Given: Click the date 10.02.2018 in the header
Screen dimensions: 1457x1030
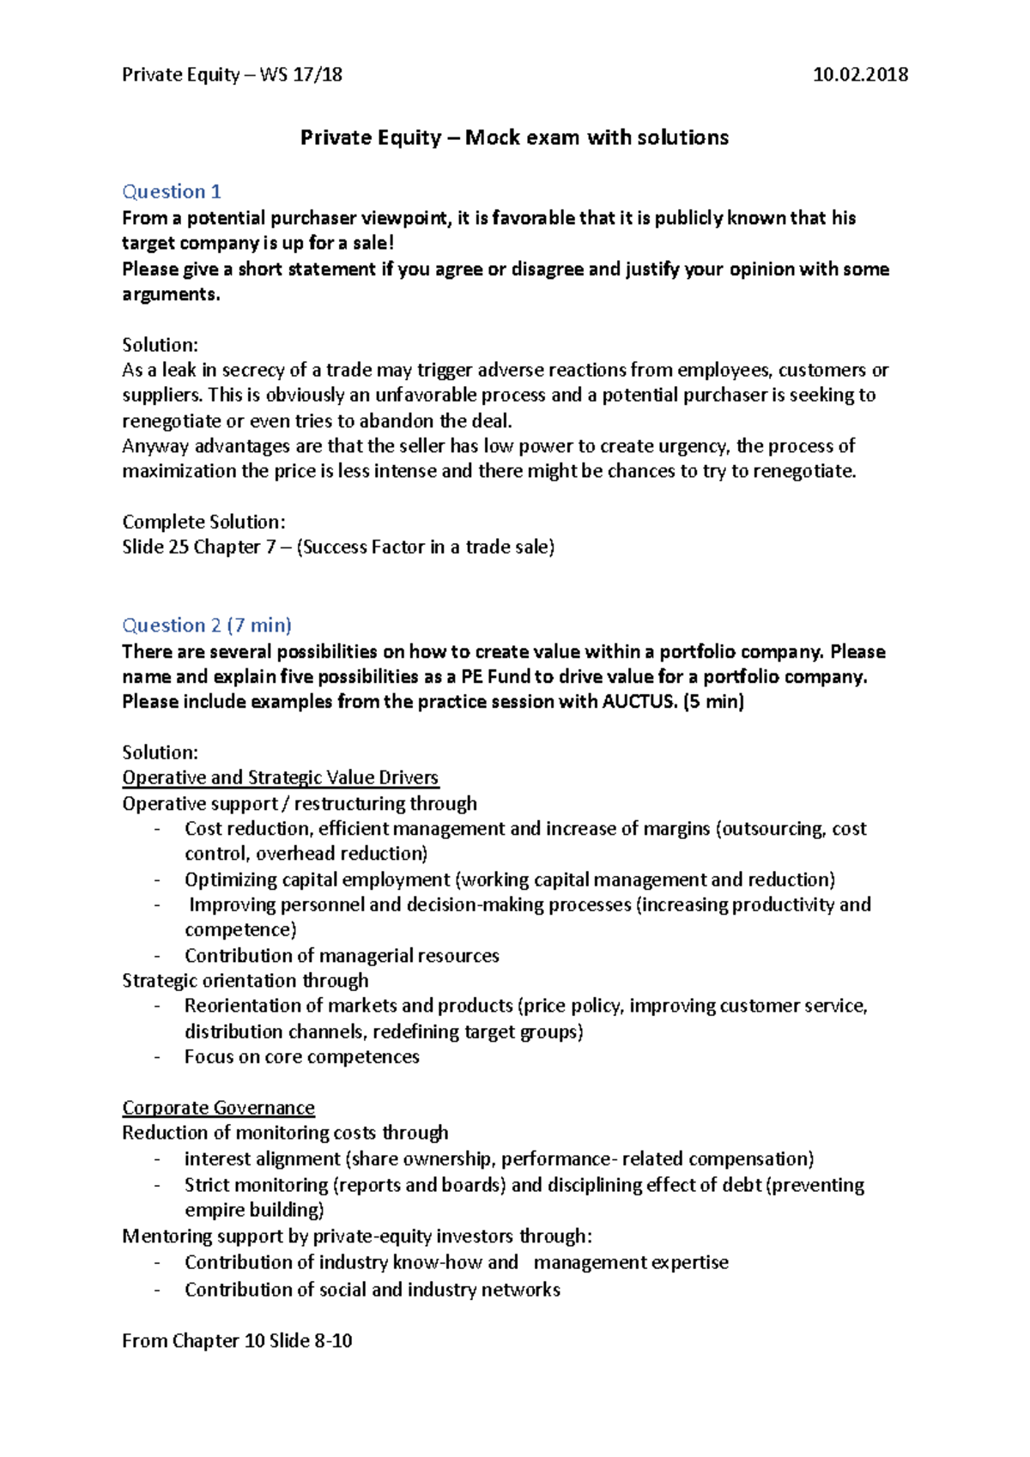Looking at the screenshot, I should click(860, 75).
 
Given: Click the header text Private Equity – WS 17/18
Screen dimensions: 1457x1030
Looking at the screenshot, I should click(232, 75).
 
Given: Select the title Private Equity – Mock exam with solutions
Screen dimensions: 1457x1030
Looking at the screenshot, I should click(514, 137).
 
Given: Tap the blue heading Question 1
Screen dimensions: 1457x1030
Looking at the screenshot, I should click(172, 191).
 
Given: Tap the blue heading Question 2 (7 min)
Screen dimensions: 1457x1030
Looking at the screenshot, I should click(207, 626).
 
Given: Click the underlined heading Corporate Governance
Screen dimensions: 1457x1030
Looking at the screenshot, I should click(218, 1108).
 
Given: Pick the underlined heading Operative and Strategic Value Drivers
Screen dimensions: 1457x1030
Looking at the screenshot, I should click(280, 777).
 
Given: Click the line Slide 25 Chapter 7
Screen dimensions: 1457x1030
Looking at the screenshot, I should click(338, 547).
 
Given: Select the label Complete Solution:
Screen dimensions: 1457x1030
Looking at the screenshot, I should click(203, 522).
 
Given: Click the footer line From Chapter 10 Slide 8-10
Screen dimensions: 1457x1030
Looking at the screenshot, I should click(237, 1341).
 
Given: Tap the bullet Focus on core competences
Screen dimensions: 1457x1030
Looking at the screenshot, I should click(301, 1057).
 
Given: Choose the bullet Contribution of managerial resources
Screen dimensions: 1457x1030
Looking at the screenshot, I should click(342, 956).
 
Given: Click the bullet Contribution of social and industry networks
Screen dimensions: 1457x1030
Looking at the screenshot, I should click(372, 1290).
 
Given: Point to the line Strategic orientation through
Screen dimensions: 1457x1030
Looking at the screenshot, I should click(245, 981).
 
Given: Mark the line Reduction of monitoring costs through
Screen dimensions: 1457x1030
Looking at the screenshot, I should click(285, 1133).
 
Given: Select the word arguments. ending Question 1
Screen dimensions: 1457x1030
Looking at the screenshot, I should click(171, 294).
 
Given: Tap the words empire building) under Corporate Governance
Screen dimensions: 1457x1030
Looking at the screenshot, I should click(254, 1210).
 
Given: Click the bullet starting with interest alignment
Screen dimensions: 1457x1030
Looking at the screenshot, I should click(498, 1159).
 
